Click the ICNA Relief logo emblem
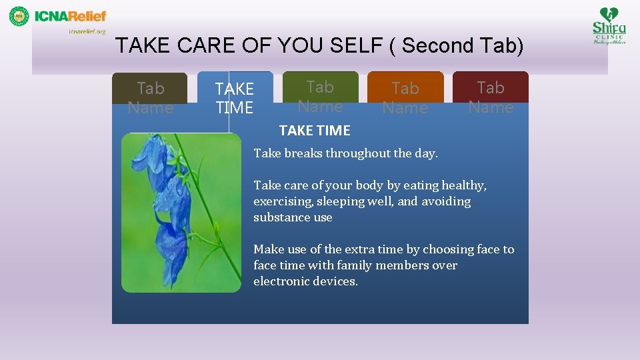coord(19,16)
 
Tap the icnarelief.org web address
coord(87,31)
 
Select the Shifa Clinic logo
coord(609,25)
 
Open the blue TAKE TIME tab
coord(234,98)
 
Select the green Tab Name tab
coord(320,96)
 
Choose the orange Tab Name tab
coord(405,97)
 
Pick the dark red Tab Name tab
coord(491,97)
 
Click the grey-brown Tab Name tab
coord(150,97)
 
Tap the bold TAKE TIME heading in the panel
coord(315,131)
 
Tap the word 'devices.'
coord(336,281)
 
